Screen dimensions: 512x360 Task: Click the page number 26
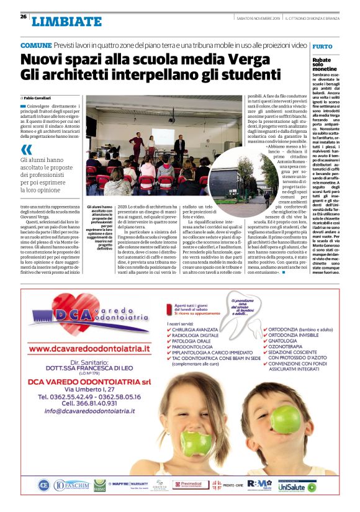23,17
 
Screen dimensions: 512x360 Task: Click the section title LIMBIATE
66,22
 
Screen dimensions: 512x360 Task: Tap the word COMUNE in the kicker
36,45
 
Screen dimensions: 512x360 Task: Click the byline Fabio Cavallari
38,99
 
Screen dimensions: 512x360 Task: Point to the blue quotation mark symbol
25,149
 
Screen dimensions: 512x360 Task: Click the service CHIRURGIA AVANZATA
197,330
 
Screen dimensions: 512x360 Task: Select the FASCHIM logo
72,485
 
